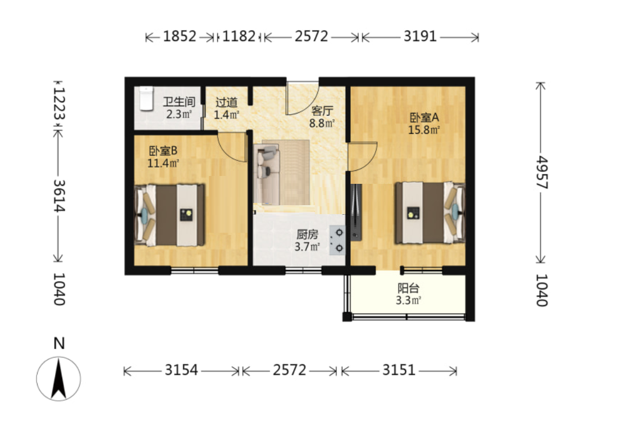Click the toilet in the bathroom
tap(145, 98)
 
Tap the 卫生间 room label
tap(179, 102)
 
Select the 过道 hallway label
tap(226, 102)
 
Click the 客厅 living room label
tap(322, 110)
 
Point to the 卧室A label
tap(424, 117)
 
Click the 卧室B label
tap(163, 151)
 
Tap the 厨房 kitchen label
tap(307, 234)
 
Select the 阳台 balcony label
tap(408, 288)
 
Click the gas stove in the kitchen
tap(337, 240)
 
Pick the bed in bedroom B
tap(170, 215)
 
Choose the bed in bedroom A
tap(430, 213)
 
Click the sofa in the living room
tap(267, 174)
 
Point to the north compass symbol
tap(58, 378)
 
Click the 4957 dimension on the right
tap(541, 173)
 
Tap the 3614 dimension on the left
tap(59, 196)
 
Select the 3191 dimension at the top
tap(420, 36)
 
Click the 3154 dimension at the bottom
tap(181, 370)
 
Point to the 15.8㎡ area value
tap(424, 130)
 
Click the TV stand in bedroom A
tap(356, 212)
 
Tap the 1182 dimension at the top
tap(239, 36)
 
